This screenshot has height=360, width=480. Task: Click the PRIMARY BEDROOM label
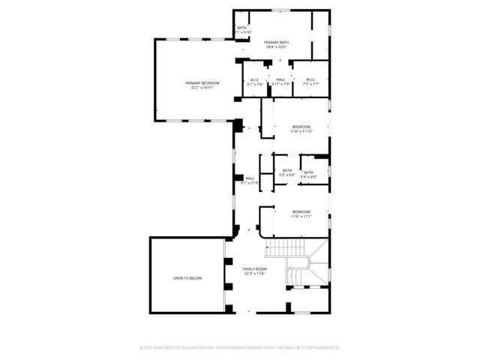click(202, 82)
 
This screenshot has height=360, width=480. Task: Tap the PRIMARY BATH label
click(277, 42)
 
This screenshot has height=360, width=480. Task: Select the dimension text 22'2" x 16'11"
click(202, 88)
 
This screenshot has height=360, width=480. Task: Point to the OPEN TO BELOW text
click(187, 278)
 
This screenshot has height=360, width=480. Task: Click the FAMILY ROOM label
click(254, 268)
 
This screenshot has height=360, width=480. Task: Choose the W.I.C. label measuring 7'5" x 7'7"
click(310, 79)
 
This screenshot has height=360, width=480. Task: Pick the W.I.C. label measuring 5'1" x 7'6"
click(254, 79)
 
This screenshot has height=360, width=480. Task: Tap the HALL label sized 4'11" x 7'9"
click(280, 79)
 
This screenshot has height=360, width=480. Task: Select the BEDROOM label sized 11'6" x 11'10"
click(301, 127)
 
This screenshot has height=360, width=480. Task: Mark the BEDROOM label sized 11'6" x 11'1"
click(301, 212)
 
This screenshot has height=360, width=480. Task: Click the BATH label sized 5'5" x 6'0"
click(287, 170)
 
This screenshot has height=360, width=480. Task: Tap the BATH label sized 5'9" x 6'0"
click(309, 172)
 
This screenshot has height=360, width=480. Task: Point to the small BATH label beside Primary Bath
click(241, 28)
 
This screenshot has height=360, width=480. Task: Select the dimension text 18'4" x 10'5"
click(277, 47)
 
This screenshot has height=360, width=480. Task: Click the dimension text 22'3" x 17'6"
click(254, 274)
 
